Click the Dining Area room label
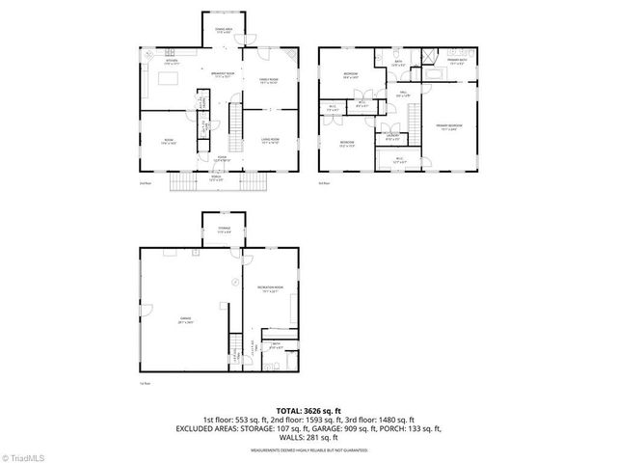point(223,32)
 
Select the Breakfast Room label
point(223,76)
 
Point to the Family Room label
point(268,82)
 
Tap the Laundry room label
point(391,136)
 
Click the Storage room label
point(223,230)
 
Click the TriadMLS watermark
point(26,455)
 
